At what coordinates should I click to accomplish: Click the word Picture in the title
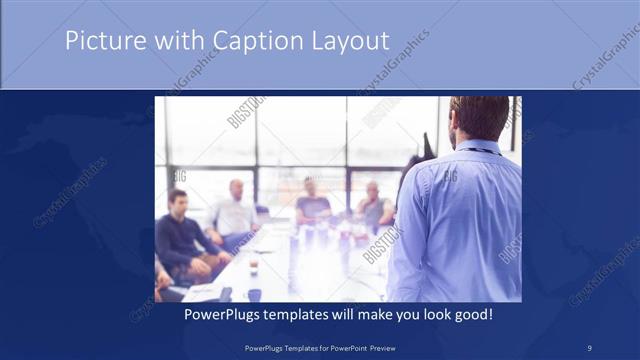coord(99,42)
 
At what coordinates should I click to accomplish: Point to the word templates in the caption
coord(303,315)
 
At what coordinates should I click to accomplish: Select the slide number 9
coord(590,346)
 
